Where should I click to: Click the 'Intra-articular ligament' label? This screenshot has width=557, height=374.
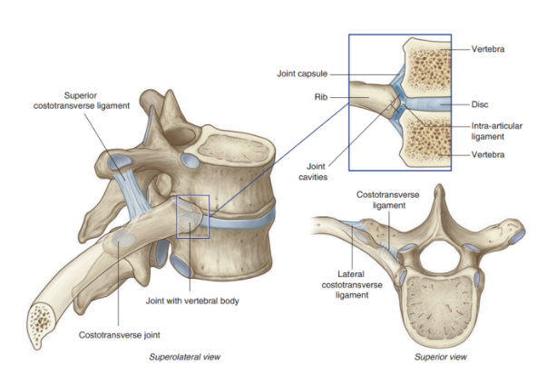497,131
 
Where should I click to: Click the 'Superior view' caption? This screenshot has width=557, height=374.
440,358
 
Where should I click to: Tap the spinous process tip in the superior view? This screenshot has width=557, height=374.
441,191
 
